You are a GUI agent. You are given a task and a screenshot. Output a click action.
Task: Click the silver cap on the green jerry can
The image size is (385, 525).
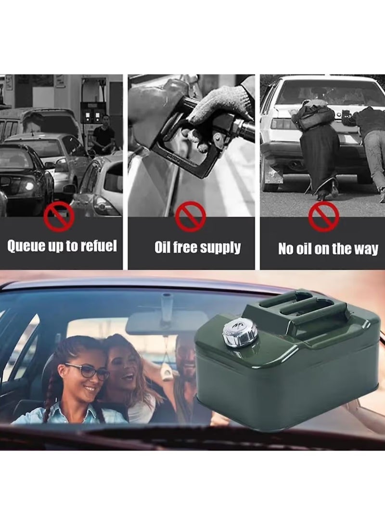point(239,333)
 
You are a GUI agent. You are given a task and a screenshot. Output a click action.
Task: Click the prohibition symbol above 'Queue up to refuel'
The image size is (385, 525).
point(59,217)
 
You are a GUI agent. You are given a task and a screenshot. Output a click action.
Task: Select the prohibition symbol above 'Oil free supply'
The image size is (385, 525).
point(191,217)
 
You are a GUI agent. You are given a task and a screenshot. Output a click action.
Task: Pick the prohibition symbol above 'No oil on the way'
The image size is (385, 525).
point(323,217)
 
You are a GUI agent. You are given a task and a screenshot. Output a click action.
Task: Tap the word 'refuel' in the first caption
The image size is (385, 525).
point(98,246)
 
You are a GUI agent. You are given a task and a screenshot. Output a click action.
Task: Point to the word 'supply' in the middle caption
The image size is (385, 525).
point(220,248)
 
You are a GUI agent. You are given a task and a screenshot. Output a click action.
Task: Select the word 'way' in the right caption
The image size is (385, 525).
point(367,249)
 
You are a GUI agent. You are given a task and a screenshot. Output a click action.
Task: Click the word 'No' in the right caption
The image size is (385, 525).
point(286,249)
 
